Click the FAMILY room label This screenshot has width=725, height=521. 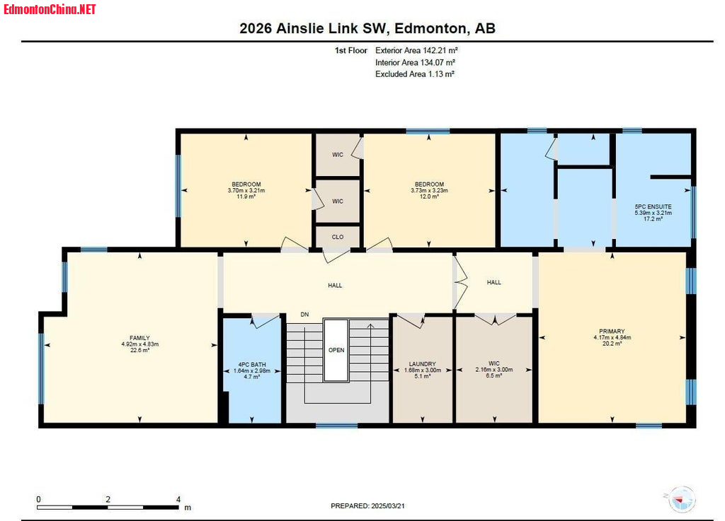pos(139,338)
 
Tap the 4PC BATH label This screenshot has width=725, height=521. pos(252,365)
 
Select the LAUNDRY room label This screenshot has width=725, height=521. pos(422,364)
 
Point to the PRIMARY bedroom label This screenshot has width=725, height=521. pos(612,332)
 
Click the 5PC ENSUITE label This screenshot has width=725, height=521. pos(653,206)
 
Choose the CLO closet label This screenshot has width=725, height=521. pos(338,237)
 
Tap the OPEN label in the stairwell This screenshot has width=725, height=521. pos(336,350)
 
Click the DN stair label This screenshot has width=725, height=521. pos(304,315)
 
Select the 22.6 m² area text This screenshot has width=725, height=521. pos(139,350)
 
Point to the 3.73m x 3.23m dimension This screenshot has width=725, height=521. pos(429,190)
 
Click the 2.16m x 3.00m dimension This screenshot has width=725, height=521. pos(493,370)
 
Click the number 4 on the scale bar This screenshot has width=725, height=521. pos(178,499)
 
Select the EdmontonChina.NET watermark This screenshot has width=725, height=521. pos(50,9)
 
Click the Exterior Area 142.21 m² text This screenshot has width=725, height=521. pos(416,50)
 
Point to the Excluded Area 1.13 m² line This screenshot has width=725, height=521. pos(415,74)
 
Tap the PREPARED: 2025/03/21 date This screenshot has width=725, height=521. pos(367,505)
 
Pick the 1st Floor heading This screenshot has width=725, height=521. pos(351,50)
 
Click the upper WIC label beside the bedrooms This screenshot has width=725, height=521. pos(338,155)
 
